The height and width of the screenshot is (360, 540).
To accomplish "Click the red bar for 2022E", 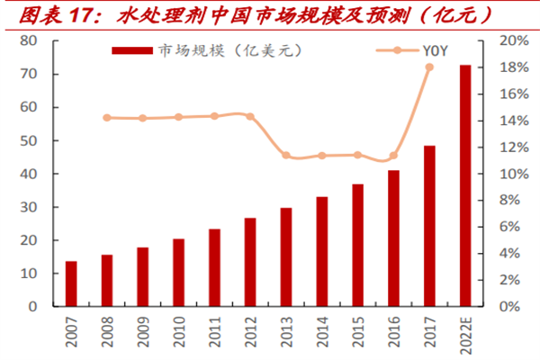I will (465, 185).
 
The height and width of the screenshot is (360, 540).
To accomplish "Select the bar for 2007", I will (71, 283).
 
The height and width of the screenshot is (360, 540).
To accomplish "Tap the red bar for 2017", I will (429, 226).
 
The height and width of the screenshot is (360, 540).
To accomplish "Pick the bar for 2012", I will (250, 262).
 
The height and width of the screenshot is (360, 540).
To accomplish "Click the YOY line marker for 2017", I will (429, 67).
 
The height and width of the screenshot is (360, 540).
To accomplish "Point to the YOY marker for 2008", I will (107, 118).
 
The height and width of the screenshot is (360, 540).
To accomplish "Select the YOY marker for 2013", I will (286, 155).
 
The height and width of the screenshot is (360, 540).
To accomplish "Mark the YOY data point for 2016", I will (393, 156).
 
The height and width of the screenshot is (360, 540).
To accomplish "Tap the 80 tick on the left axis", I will (27, 41).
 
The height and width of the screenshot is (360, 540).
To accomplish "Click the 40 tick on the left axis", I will (27, 174).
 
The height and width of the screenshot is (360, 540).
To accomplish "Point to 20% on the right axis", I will (509, 41).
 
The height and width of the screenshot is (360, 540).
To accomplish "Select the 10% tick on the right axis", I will (509, 174).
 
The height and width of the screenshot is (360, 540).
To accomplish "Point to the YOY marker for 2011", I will (214, 116).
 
